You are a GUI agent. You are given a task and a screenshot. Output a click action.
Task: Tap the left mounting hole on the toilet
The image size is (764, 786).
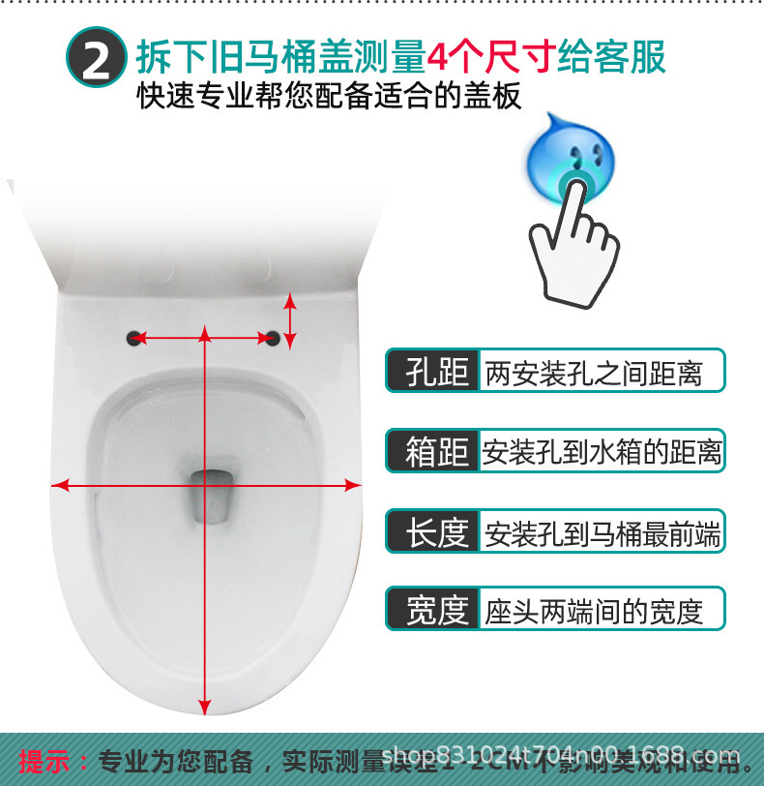[x=134, y=338]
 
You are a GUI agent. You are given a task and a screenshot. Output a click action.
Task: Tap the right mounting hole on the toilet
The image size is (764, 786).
[x=274, y=338]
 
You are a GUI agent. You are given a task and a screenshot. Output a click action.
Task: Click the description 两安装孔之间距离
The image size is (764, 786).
[x=593, y=372]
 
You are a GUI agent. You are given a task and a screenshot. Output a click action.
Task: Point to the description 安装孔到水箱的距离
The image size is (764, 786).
[x=602, y=452]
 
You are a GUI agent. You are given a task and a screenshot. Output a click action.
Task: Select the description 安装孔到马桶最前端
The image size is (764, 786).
[x=602, y=532]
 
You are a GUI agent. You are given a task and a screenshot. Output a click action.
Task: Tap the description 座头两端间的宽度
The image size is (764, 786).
[x=593, y=611]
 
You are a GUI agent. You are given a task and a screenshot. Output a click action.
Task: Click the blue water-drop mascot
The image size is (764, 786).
[x=572, y=156]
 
